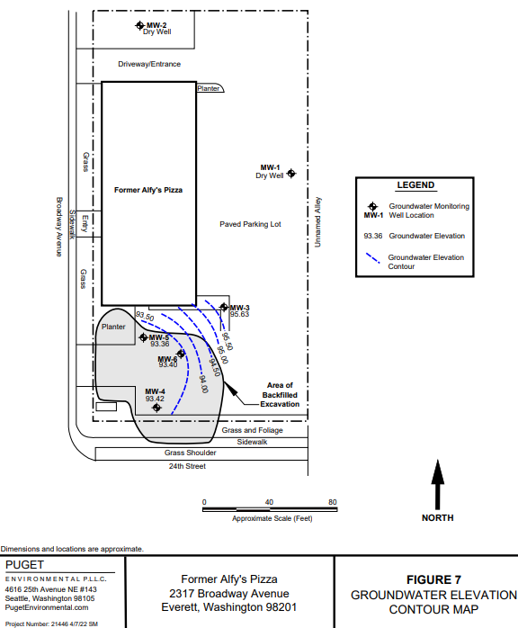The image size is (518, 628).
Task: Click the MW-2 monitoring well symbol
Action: point(139,25)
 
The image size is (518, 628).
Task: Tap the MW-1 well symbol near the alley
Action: point(291,174)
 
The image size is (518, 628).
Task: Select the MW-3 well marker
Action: point(224,307)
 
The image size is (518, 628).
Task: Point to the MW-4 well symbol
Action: point(156,408)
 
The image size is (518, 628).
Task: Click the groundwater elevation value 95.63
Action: point(239,314)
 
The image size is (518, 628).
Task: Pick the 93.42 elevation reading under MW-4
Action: point(155,399)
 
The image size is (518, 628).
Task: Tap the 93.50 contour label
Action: point(145,317)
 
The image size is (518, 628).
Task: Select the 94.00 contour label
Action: point(204,384)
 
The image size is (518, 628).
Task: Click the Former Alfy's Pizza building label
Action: point(148,190)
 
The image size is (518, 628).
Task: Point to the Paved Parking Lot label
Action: point(250,224)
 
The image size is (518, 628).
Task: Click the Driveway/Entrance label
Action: point(149,64)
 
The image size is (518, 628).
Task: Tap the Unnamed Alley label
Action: point(317,222)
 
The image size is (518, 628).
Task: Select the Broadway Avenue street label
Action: point(58,227)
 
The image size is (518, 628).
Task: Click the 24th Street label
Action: point(187,466)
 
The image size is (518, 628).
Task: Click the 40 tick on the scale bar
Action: point(269,502)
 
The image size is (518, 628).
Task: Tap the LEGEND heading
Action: point(415,185)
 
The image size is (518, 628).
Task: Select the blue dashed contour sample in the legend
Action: point(373,258)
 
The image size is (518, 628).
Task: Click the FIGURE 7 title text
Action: point(434,580)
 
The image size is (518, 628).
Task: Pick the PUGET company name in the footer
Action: point(24,565)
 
